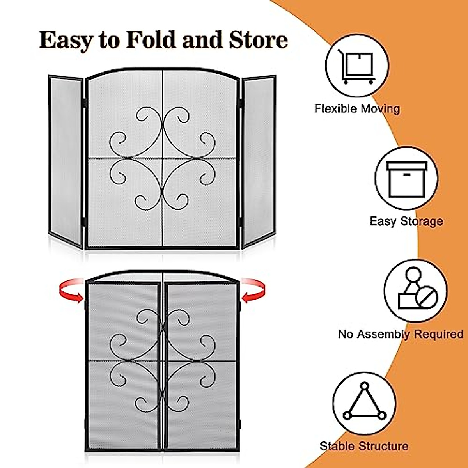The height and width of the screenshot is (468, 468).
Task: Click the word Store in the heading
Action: coord(259,40)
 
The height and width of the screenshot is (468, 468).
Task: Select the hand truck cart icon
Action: coord(357,66)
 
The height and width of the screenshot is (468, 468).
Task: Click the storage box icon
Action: coord(406,179)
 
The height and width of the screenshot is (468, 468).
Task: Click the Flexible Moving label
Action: coord(357,108)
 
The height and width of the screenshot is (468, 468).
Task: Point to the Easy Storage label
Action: coord(406,221)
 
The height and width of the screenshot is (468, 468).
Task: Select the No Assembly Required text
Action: coord(401,334)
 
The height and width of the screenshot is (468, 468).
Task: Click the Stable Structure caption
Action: coord(364,446)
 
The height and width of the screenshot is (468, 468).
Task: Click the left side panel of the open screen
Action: coord(66,162)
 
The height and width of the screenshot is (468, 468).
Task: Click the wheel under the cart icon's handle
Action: coord(346,82)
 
